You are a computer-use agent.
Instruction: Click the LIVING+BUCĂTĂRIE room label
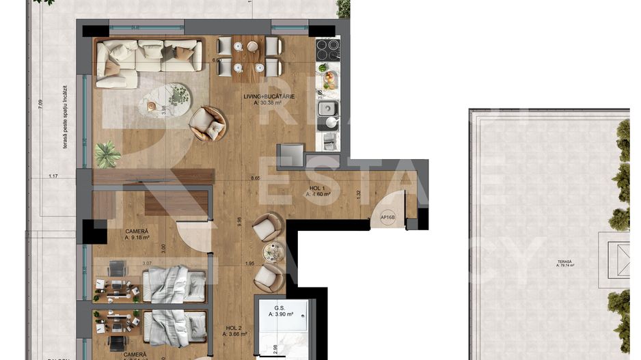point(269,96)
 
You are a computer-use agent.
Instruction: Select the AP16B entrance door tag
point(387,218)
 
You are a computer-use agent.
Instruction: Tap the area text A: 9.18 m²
point(137,238)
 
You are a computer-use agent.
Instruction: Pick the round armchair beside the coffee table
point(208,124)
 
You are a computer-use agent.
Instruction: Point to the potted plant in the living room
point(107,154)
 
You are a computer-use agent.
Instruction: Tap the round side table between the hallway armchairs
point(273,252)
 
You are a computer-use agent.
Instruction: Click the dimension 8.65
point(256,178)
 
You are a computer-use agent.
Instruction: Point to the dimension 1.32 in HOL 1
point(357,194)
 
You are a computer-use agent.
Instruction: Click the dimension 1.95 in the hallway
point(249,264)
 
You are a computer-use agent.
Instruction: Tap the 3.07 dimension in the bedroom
point(146,264)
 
